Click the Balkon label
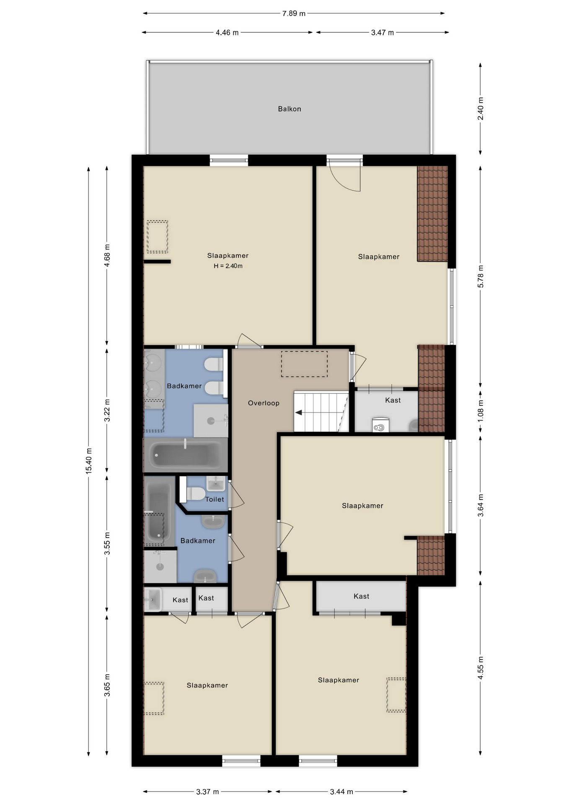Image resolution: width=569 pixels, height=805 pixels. (289, 109)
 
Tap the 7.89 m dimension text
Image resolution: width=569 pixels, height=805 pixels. (294, 13)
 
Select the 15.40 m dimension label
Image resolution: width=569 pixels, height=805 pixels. (89, 461)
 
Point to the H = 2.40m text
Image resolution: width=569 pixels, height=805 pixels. (228, 266)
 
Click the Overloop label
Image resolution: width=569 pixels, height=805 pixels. (264, 403)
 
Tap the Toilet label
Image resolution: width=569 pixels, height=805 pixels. (215, 499)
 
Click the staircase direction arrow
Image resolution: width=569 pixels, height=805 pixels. (299, 413)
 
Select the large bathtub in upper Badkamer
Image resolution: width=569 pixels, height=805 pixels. (186, 455)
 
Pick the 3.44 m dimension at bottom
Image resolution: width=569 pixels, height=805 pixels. (341, 792)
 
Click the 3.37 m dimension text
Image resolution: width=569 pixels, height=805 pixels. (207, 792)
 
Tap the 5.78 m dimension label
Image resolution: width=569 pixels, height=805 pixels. (481, 276)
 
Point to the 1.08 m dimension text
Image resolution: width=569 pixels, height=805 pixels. (481, 410)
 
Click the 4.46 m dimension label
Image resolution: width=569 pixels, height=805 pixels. (227, 33)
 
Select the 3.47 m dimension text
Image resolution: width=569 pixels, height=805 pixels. (383, 33)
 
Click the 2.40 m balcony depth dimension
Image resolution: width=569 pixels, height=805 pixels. (481, 109)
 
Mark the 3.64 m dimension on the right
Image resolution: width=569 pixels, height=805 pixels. (481, 505)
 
